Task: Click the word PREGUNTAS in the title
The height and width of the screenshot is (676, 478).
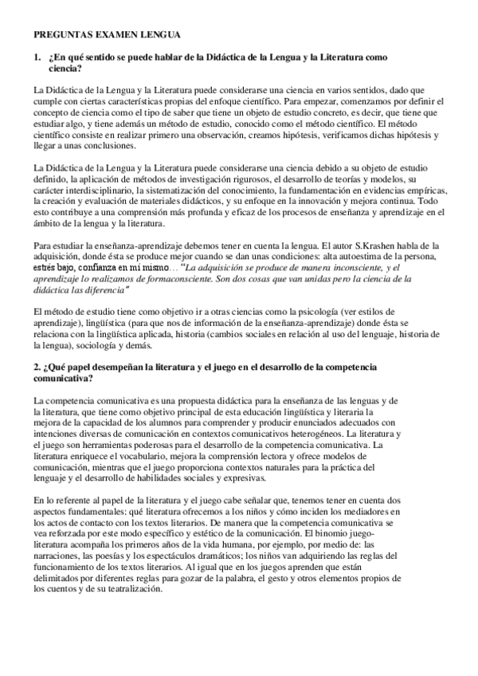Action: coord(62,35)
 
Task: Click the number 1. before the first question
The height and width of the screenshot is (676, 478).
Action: coord(37,58)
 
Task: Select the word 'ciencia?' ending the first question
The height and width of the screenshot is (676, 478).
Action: coord(66,69)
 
